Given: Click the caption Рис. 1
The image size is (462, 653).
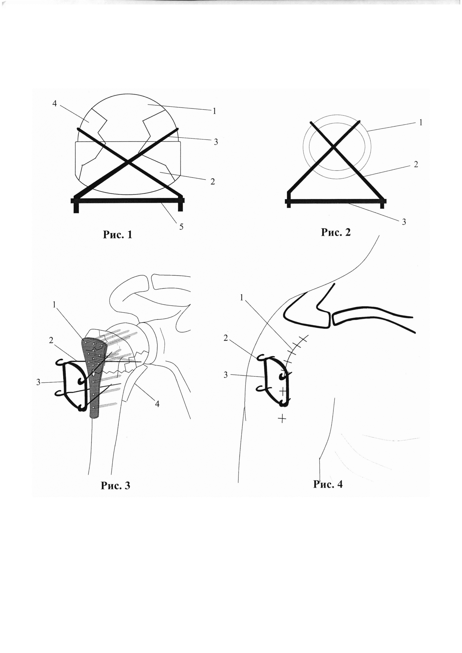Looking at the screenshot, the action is (118, 235).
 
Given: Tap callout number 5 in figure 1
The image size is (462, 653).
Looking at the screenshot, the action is (181, 226).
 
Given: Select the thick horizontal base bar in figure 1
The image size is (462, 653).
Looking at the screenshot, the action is (128, 201).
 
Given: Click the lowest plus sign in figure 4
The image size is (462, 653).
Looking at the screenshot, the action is (282, 418).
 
